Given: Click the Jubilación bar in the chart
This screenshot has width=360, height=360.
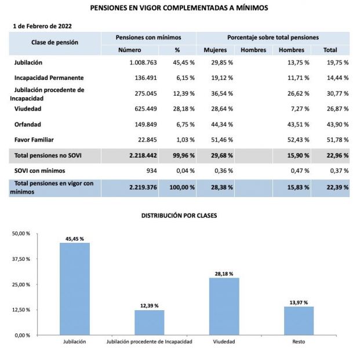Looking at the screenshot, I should (75, 289).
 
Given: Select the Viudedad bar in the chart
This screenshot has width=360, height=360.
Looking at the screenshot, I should (224, 306).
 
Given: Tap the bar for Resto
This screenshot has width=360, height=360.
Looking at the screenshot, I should (299, 321).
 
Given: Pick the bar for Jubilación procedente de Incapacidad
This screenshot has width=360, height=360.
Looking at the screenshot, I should (150, 322).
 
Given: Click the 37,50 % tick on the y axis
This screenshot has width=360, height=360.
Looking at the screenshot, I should (21, 259).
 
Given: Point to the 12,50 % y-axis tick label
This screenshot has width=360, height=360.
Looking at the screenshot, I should (21, 310).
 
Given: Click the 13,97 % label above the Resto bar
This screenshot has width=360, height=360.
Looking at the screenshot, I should (299, 301).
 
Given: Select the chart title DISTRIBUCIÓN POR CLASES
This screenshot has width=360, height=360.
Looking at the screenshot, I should (180, 215).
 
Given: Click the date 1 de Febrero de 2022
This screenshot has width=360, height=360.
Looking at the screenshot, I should (42, 26).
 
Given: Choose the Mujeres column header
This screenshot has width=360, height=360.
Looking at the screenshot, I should (215, 50).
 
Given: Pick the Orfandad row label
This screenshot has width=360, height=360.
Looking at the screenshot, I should (28, 124).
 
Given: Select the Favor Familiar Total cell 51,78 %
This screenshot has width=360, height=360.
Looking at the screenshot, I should (330, 140).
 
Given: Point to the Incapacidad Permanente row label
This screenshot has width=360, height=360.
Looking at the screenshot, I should (49, 78).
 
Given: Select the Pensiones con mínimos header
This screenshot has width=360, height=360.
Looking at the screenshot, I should (148, 37).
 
